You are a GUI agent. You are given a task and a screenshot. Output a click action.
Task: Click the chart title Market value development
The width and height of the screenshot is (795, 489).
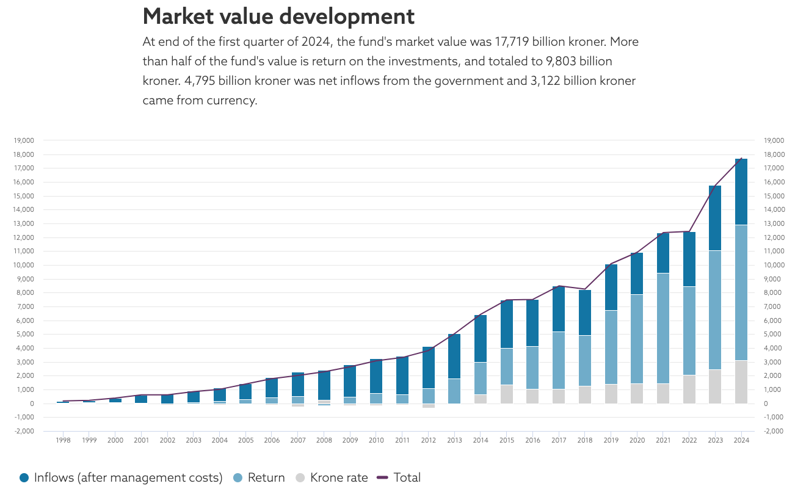click(x=278, y=16)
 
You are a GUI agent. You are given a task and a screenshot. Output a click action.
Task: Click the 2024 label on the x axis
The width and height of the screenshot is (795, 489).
click(x=741, y=440)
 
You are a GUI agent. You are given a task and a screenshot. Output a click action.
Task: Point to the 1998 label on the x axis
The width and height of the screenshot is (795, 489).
click(x=63, y=440)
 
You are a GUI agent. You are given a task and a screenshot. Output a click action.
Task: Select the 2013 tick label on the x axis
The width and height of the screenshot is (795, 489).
click(x=454, y=440)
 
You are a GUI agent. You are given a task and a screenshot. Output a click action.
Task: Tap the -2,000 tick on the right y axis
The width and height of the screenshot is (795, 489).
click(x=772, y=432)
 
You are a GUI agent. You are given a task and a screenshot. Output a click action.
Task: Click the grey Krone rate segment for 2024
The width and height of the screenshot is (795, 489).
click(x=741, y=382)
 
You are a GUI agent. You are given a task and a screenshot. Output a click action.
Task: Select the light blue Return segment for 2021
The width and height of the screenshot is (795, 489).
click(x=663, y=328)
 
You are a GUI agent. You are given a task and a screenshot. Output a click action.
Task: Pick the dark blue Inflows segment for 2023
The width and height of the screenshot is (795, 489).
click(x=715, y=218)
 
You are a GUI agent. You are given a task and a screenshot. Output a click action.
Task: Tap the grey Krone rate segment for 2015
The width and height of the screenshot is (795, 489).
click(x=507, y=394)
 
